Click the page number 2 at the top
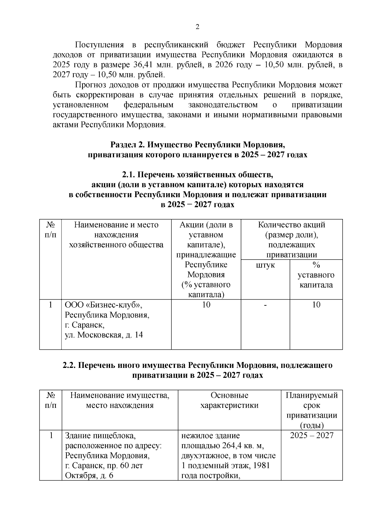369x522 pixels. (x=197, y=27)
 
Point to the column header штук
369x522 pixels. (x=265, y=265)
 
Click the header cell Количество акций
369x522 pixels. (x=292, y=225)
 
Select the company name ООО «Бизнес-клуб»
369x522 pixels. (x=104, y=305)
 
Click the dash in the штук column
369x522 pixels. (x=265, y=305)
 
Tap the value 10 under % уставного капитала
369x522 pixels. (x=316, y=305)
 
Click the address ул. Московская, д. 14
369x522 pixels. (x=104, y=335)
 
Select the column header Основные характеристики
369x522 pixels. (x=229, y=400)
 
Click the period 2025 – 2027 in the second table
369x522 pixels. (x=312, y=436)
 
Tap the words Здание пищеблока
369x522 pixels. (x=100, y=436)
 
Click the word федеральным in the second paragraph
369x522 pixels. (x=149, y=105)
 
